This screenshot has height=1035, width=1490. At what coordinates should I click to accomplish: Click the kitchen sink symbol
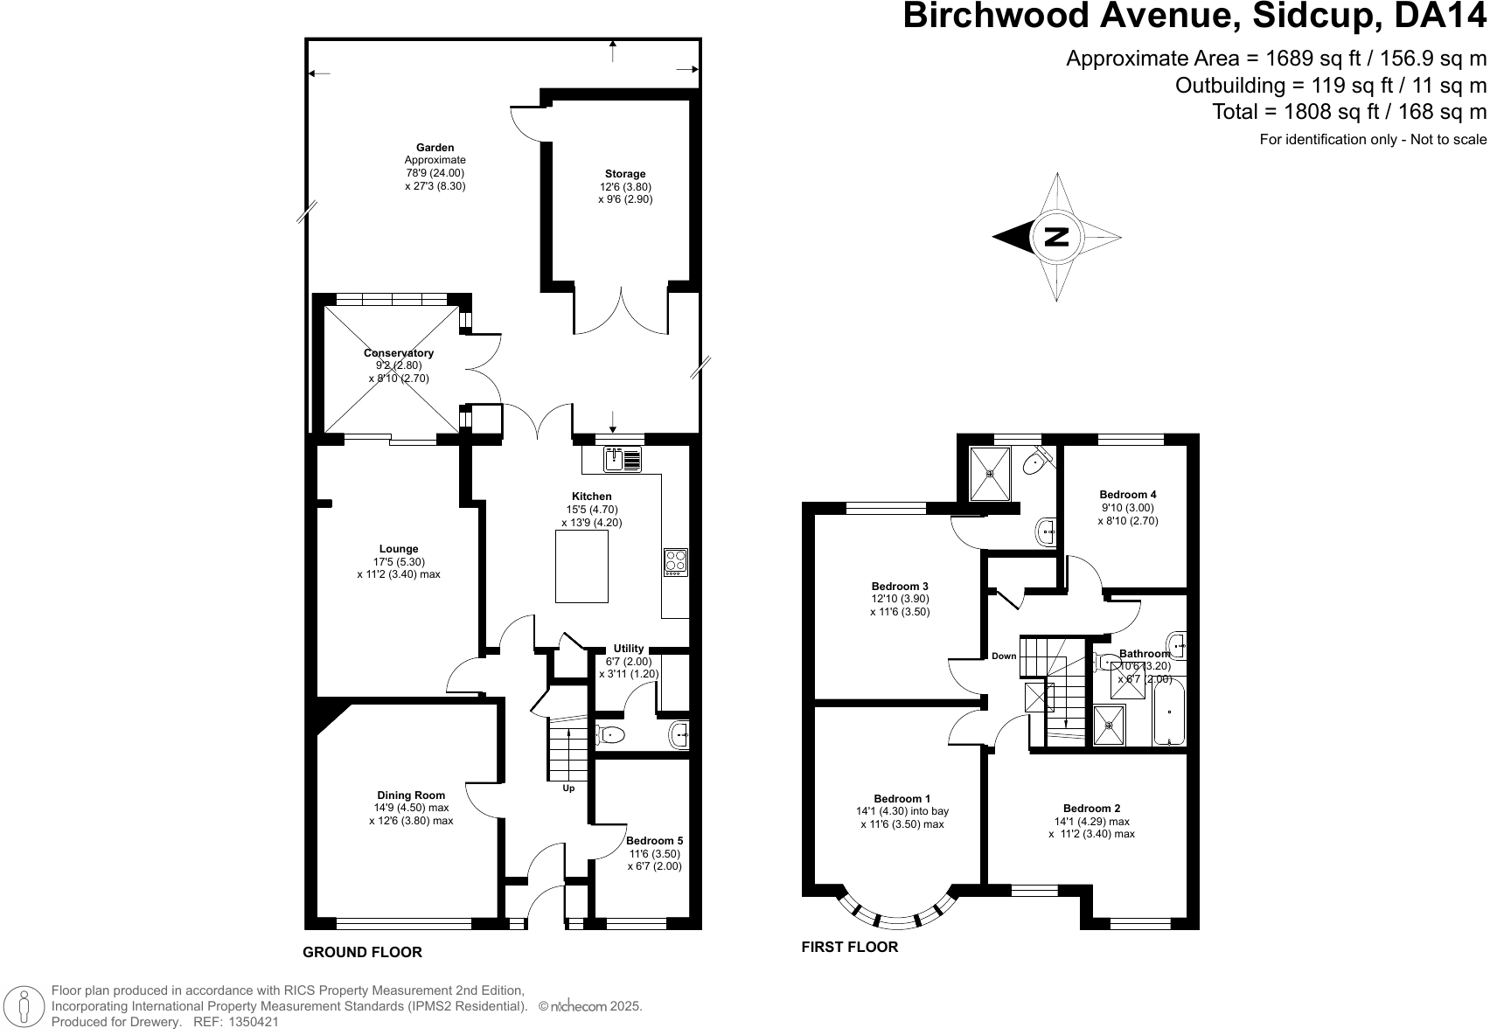click(623, 460)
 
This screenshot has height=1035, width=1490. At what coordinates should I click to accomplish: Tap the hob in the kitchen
click(675, 563)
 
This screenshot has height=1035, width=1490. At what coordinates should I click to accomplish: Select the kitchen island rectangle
click(582, 566)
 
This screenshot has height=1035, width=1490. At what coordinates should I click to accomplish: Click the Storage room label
click(625, 174)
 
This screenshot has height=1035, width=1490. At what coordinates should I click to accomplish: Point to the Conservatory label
click(399, 352)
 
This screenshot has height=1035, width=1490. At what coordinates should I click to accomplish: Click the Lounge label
click(399, 549)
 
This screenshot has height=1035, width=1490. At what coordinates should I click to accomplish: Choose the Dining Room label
click(411, 795)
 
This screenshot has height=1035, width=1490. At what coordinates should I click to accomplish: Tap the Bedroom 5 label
click(655, 841)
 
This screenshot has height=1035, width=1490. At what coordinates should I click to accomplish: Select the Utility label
click(629, 649)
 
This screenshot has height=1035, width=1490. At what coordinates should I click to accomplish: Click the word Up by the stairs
click(568, 788)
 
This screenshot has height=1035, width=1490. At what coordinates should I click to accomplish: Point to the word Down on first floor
click(1004, 656)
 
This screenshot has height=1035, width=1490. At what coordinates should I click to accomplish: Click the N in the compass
click(1056, 237)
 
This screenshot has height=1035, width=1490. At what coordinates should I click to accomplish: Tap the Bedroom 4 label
click(1127, 494)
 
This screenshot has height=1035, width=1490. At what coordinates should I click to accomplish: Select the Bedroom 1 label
click(902, 798)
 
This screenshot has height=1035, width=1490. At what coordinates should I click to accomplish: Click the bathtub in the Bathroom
click(1169, 712)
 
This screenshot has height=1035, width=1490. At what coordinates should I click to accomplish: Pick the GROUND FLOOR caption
click(363, 952)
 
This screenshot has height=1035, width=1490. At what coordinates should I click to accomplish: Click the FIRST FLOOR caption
click(849, 947)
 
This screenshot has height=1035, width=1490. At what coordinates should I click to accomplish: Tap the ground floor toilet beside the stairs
click(610, 735)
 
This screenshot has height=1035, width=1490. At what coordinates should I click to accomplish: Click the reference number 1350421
click(254, 1022)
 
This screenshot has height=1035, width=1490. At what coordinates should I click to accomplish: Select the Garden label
click(435, 148)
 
